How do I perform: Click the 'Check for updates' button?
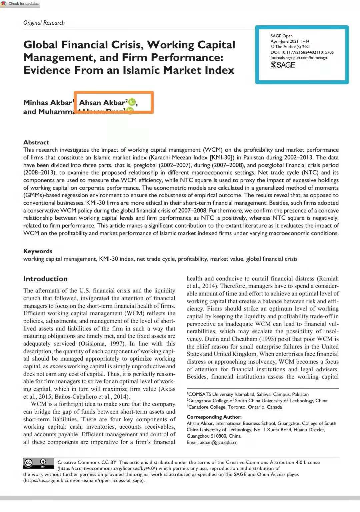coord(20,4)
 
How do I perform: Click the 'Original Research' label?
coord(44,23)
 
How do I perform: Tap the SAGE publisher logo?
coord(283,65)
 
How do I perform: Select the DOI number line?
coord(302,52)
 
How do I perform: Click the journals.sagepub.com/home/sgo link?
coord(298,58)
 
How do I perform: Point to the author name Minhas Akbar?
coord(48,103)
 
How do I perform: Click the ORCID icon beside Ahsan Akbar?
coord(132,102)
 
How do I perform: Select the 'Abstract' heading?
coord(36,142)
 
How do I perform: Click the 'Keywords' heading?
coord(38,251)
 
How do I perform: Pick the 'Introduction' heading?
coord(45,279)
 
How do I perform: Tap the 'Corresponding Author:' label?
coord(214,417)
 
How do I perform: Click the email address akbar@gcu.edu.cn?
coord(218,443)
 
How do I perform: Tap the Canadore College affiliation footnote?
coord(234,407)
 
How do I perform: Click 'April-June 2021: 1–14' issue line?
coord(290,41)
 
